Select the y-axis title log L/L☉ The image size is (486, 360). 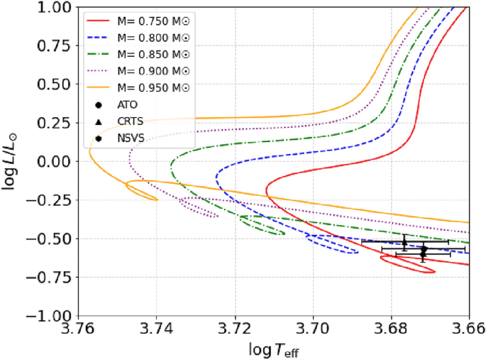(x=12, y=161)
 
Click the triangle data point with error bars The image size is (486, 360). (x=404, y=242)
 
